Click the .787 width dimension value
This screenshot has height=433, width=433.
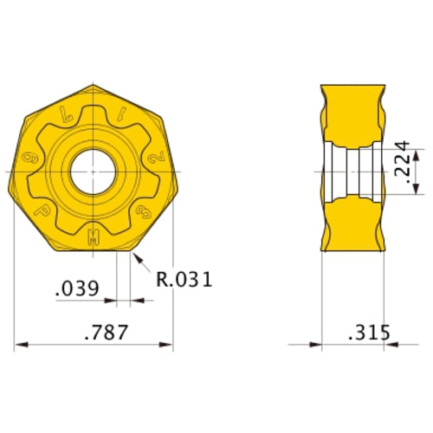[x=107, y=332]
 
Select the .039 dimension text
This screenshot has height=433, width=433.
[x=77, y=288]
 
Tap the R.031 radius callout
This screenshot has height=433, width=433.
[x=184, y=279]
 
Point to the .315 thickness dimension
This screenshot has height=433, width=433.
[x=369, y=333]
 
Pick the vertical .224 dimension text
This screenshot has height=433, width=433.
[x=402, y=162]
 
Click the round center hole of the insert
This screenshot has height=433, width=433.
[x=93, y=171]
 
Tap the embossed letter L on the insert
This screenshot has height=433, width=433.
[x=66, y=113]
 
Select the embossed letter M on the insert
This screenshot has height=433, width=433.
[x=94, y=237]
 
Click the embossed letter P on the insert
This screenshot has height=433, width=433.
[x=42, y=210]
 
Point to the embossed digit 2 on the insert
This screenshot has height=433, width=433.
[x=156, y=158]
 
